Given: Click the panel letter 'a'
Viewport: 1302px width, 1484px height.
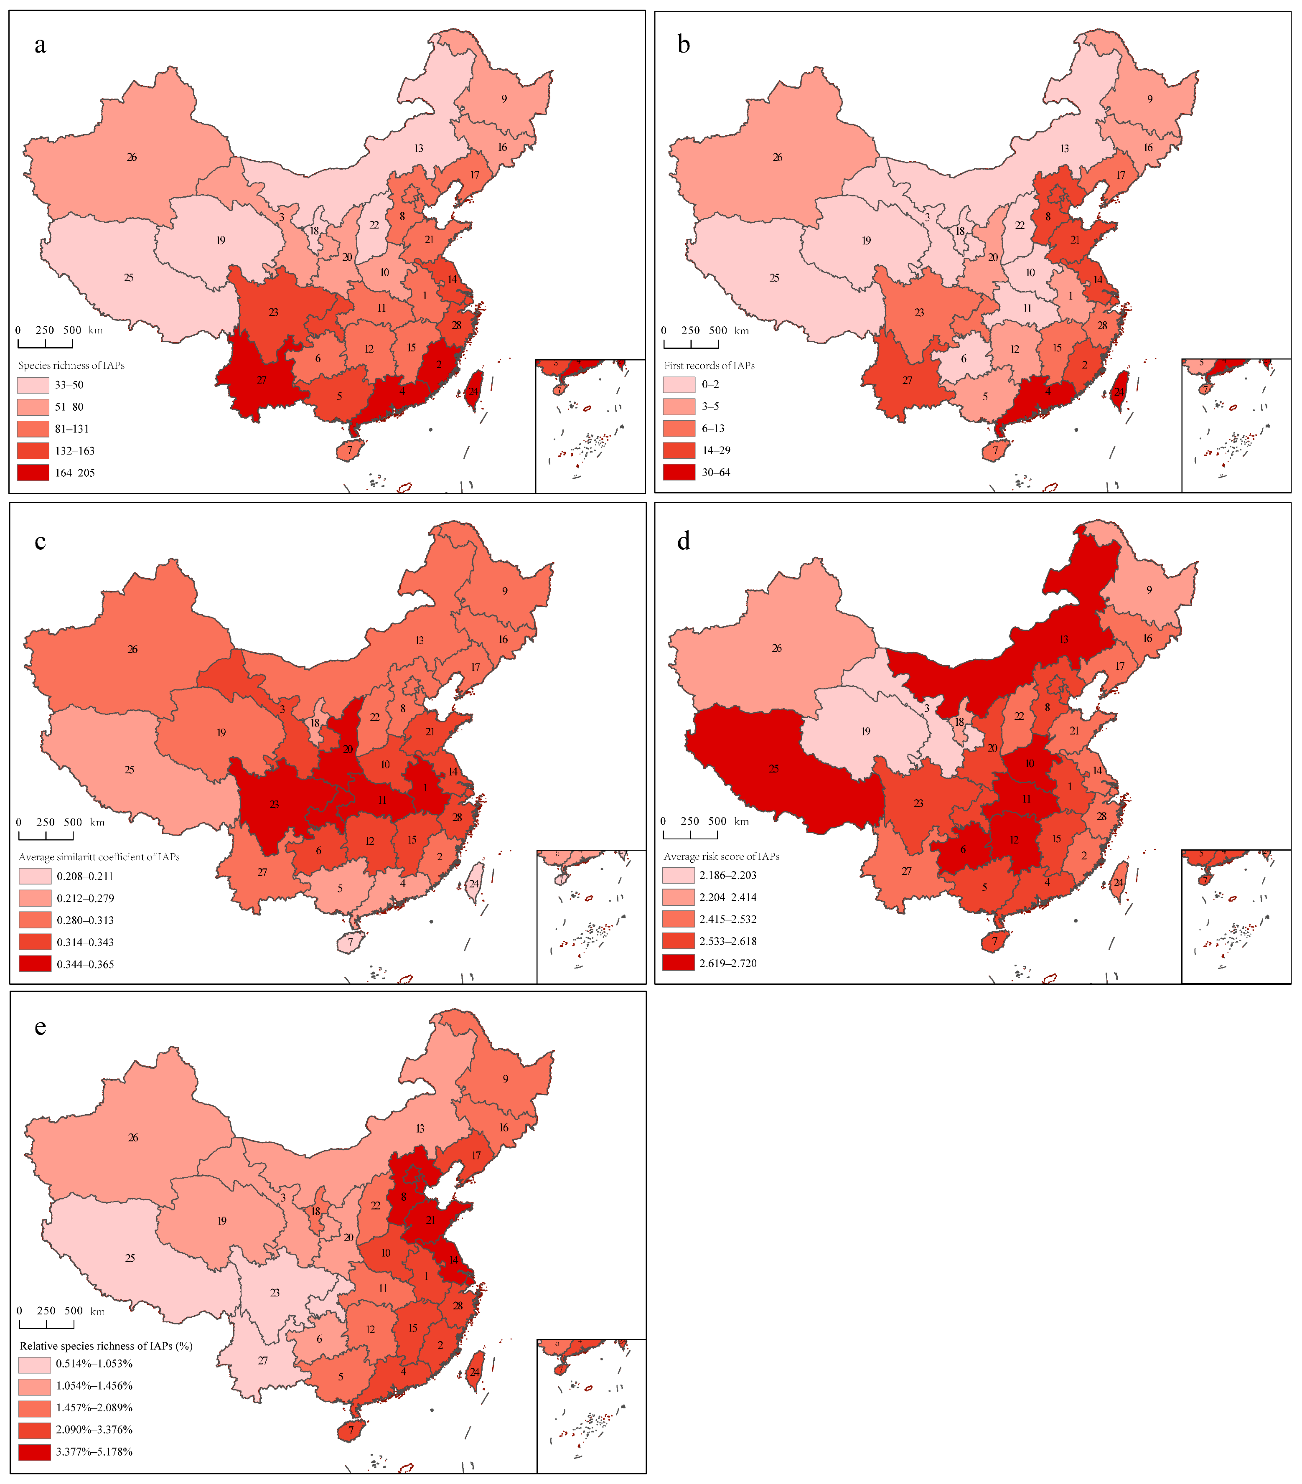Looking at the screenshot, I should [x=40, y=45].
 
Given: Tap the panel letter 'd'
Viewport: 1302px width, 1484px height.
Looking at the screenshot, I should [x=683, y=541].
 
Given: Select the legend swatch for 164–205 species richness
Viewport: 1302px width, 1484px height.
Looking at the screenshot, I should [x=33, y=473].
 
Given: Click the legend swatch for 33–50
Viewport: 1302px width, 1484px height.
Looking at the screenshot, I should [x=33, y=385].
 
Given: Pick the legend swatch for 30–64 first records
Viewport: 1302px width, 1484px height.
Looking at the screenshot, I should [x=679, y=472].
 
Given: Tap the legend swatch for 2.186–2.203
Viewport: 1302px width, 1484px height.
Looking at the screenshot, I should [x=678, y=875].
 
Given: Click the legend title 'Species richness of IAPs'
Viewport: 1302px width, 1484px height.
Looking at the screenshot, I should [x=71, y=365].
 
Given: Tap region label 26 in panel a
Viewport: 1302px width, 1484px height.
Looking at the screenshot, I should [x=132, y=157].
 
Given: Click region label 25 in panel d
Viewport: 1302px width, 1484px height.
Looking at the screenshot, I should [x=774, y=768].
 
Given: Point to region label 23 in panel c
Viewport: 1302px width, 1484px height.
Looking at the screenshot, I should [x=275, y=804].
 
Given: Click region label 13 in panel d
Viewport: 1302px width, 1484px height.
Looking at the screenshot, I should [x=1064, y=640].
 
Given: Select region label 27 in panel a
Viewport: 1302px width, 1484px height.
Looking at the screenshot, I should [x=262, y=380].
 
